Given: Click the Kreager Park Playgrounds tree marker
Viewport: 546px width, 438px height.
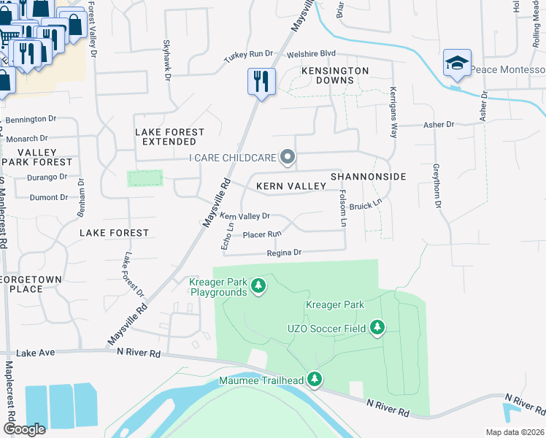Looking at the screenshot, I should (258, 286).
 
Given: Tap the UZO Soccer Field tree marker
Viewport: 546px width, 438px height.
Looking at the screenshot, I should (377, 328).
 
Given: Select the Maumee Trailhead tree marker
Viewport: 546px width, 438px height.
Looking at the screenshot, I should (315, 379).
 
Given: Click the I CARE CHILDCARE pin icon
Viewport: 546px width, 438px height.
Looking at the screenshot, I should (288, 157).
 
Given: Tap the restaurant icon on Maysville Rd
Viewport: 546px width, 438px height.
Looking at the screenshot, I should (261, 81).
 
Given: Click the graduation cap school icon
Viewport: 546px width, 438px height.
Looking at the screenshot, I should (457, 64).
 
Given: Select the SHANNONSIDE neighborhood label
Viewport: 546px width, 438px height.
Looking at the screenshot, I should (368, 177).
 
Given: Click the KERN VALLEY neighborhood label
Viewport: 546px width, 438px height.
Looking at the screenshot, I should (291, 186).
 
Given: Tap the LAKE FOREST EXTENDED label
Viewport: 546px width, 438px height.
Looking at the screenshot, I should (170, 137).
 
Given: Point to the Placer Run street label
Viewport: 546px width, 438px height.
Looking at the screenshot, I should (261, 234).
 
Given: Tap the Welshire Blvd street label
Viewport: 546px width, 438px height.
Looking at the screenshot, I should (311, 53).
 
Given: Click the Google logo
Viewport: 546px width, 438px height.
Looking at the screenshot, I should (24, 429).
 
